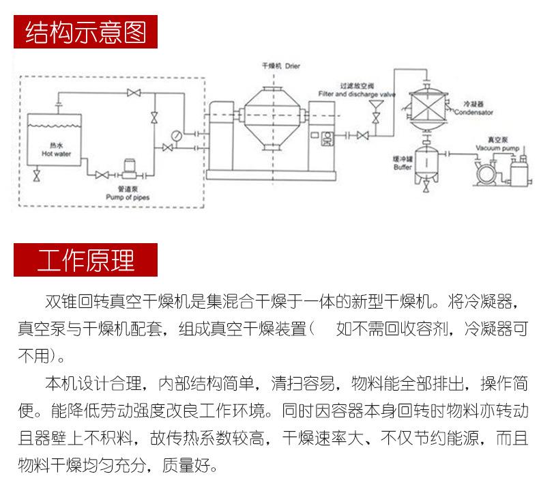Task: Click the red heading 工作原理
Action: (85, 260)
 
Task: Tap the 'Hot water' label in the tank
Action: (56, 154)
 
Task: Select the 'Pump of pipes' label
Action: (128, 197)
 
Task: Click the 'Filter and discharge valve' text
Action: (356, 94)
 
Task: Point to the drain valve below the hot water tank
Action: (37, 176)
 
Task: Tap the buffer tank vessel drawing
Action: (426, 161)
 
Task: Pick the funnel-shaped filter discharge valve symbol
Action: (375, 107)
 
